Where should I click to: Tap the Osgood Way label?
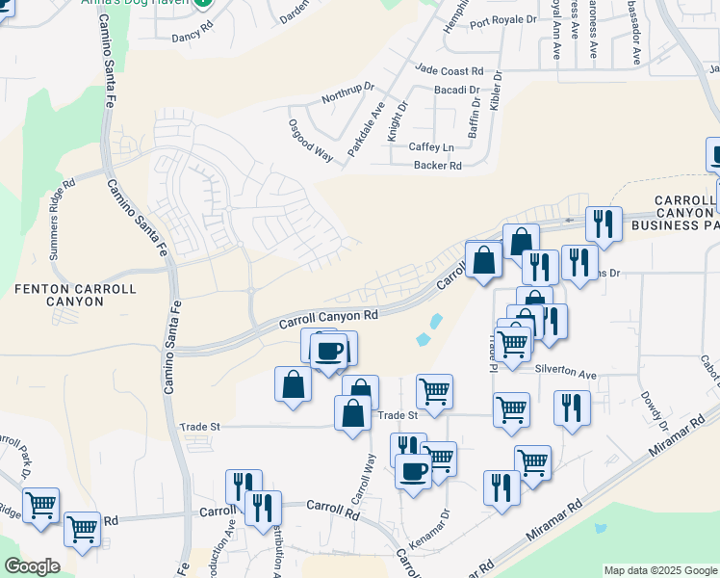tap(310, 141)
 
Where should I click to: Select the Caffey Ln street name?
tap(431, 147)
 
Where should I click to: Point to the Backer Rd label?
tap(438, 166)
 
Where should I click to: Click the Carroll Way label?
tap(362, 479)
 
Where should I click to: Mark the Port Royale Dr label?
tap(502, 19)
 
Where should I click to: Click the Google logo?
tap(32, 566)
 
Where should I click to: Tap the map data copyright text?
tap(660, 570)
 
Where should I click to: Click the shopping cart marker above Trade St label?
tap(434, 391)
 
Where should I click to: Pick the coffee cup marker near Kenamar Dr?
tap(414, 472)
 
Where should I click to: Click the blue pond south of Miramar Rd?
tap(602, 528)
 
